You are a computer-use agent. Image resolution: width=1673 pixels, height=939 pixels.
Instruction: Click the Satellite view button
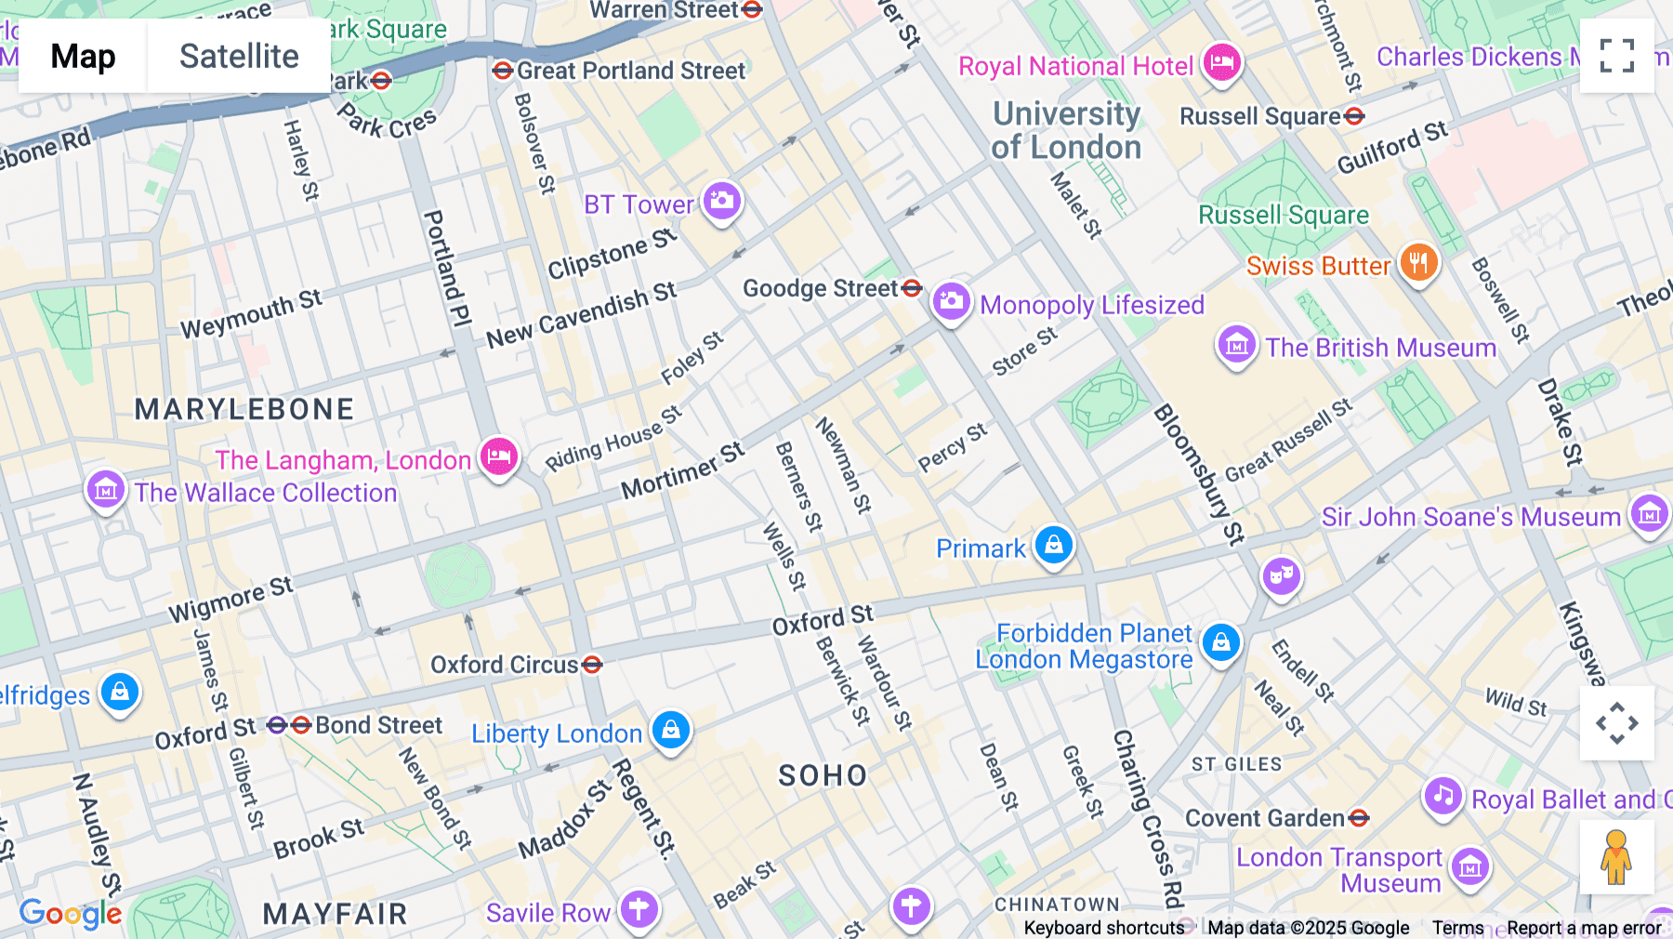click(239, 56)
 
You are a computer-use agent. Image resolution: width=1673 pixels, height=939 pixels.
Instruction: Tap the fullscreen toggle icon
click(1616, 56)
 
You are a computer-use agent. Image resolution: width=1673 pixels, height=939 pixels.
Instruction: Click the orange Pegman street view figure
click(1616, 856)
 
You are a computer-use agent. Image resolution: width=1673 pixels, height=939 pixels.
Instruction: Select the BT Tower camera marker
click(721, 201)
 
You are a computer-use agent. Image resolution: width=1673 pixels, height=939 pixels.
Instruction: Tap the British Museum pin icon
click(1236, 346)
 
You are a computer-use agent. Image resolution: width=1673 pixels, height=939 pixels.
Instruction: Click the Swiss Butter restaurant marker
click(1417, 263)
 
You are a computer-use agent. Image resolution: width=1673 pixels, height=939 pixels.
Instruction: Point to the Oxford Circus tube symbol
click(592, 665)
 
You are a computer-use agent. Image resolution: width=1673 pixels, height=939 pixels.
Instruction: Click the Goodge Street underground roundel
click(912, 288)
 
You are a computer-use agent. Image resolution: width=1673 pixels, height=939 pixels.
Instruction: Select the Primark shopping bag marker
click(1053, 545)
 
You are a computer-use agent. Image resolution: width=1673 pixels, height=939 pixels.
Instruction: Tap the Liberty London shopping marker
click(670, 731)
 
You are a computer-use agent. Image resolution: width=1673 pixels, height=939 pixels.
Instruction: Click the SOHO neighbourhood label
click(823, 775)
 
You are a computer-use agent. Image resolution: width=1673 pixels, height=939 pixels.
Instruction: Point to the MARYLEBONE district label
click(244, 409)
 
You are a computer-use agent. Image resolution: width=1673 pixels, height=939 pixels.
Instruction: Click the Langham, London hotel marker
click(499, 456)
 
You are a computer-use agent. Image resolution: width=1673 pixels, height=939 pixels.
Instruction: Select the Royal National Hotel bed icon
click(1221, 63)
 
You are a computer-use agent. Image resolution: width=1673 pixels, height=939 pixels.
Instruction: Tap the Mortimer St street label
click(683, 471)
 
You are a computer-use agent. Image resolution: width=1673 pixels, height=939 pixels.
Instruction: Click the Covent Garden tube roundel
click(1359, 818)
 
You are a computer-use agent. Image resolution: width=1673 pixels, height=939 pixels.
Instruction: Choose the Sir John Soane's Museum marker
click(1649, 513)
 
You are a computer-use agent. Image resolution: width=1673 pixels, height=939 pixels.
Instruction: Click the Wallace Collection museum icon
click(105, 489)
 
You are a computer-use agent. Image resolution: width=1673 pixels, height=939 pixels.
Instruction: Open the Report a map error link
click(1584, 928)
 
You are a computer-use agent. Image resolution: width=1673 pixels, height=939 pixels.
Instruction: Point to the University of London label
click(1066, 130)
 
